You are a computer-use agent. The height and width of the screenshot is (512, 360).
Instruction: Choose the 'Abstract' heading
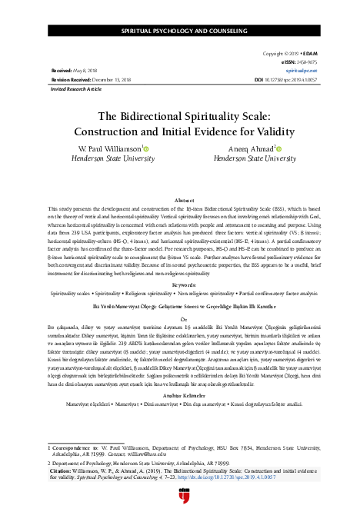coord(181,198)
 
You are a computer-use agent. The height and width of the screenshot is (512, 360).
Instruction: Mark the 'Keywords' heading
coord(181,284)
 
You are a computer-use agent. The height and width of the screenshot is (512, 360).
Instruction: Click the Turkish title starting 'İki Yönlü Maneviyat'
coord(181,304)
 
